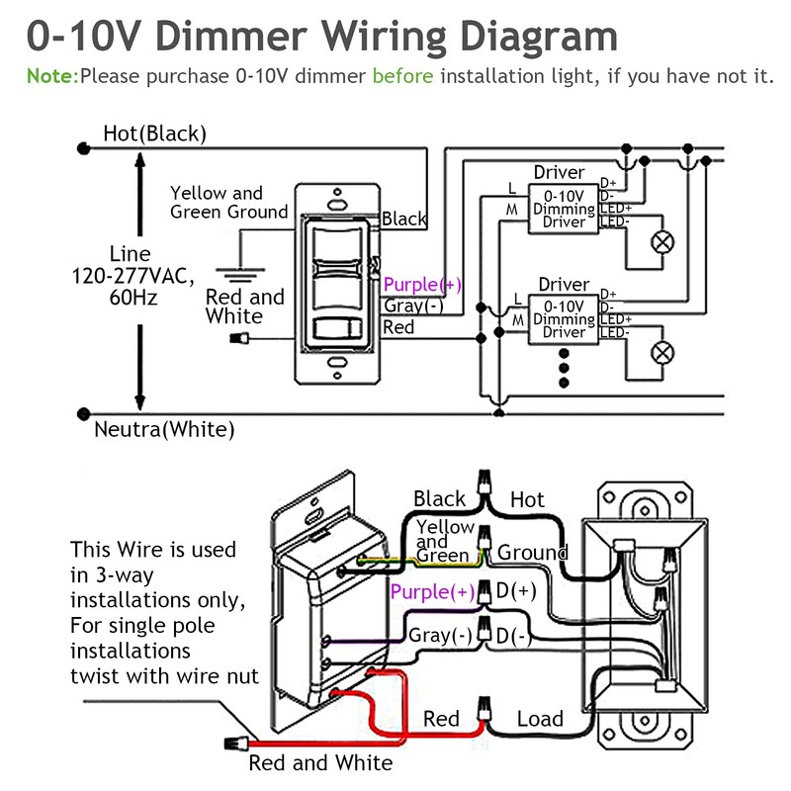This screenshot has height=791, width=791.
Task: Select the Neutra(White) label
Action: pos(164,430)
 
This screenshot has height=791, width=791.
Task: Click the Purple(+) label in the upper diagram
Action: pos(422,285)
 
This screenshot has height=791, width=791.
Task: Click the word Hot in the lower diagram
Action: pos(527,500)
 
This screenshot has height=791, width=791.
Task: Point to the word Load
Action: pos(540,720)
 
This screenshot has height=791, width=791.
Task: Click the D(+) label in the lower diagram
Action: pos(515,591)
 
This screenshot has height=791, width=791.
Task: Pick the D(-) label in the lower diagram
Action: pos(514,637)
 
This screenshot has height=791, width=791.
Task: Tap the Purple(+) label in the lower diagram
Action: pos(433,592)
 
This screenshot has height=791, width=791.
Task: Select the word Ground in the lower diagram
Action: pos(532,553)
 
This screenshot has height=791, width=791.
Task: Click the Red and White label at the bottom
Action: pos(320,762)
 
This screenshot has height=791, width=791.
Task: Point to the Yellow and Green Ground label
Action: pos(229,203)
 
